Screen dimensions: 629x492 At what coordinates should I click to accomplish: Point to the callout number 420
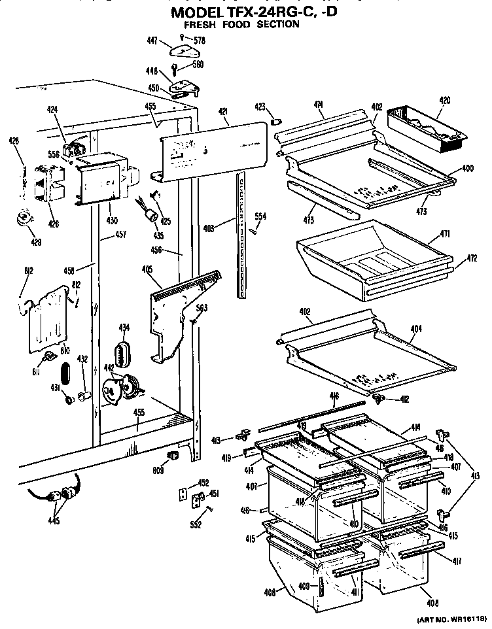(444, 101)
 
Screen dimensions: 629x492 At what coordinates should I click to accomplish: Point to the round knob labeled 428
(26, 216)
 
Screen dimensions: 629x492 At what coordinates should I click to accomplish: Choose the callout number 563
(202, 310)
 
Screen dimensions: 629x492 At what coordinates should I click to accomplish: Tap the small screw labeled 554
(253, 229)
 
